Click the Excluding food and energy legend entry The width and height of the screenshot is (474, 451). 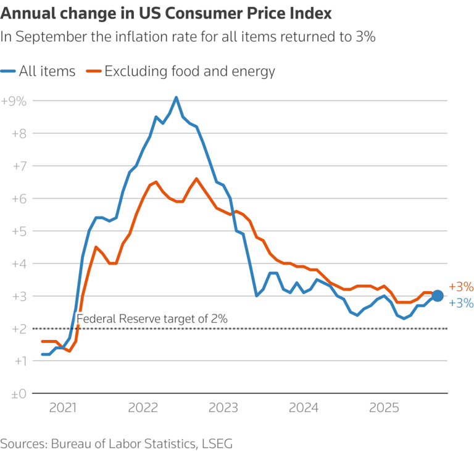(x=181, y=72)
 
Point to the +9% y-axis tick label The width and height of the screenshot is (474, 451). (x=14, y=101)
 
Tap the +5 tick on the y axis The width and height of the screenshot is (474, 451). (x=17, y=231)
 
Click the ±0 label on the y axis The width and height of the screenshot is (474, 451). (x=17, y=393)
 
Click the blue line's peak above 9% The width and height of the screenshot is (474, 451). (x=177, y=97)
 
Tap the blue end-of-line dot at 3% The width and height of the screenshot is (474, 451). (x=437, y=296)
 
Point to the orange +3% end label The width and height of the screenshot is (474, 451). (x=461, y=287)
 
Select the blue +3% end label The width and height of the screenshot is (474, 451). (x=461, y=303)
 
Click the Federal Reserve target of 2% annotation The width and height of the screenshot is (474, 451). (x=152, y=319)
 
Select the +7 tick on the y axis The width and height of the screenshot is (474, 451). (x=17, y=165)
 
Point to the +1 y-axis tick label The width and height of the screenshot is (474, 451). (x=17, y=360)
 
